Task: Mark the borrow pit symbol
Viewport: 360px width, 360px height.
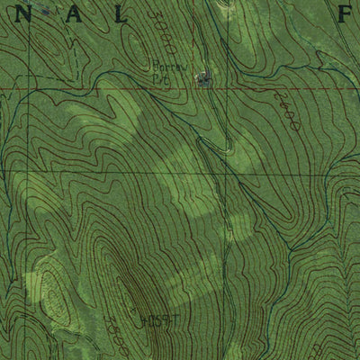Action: (x=203, y=80)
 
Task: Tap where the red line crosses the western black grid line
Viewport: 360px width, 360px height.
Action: (x=26, y=89)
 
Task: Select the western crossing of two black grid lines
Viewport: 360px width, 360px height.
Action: (x=26, y=171)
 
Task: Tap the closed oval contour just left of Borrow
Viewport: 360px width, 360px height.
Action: (x=130, y=63)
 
